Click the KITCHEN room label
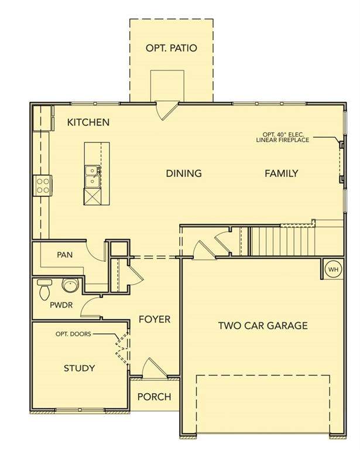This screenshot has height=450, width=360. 88,122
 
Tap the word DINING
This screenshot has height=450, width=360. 184,173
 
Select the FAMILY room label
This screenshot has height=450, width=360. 282,173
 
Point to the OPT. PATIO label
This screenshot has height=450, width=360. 172,48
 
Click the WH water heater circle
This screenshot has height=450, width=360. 333,270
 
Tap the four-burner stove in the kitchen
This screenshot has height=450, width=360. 43,186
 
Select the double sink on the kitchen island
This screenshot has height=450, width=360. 92,176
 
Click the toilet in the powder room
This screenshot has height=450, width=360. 44,289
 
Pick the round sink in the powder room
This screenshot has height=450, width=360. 70,285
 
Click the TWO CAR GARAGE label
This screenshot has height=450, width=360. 263,325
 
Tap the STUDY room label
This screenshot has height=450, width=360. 80,368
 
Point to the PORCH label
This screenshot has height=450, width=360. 155,397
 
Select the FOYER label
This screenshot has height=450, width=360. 155,319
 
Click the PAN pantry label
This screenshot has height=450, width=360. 65,255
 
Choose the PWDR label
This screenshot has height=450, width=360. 61,305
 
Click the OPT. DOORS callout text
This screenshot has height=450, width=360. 73,334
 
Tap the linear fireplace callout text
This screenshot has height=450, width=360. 283,137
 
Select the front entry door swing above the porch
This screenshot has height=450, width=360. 155,368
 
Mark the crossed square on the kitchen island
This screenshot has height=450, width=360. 92,196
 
